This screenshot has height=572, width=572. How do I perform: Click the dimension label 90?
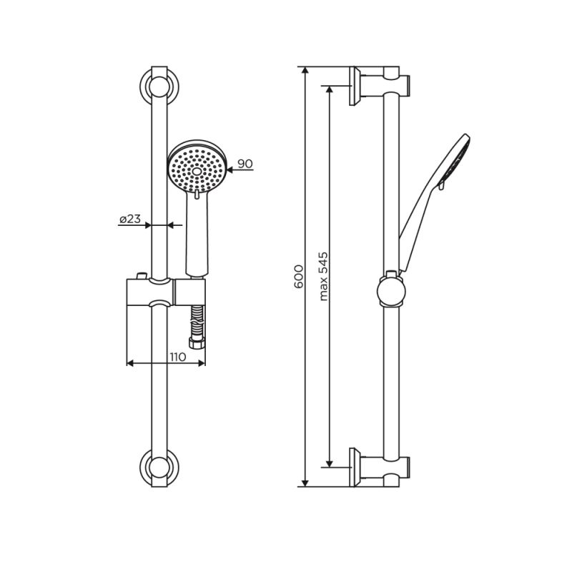pyautogui.click(x=245, y=164)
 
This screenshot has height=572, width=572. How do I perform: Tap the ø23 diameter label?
pyautogui.click(x=129, y=220)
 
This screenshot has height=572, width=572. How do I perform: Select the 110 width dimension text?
pyautogui.click(x=178, y=356)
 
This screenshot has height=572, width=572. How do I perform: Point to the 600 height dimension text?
pyautogui.click(x=299, y=276)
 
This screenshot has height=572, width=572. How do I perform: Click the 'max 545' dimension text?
pyautogui.click(x=323, y=276)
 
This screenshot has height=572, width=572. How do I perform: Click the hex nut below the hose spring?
pyautogui.click(x=197, y=341)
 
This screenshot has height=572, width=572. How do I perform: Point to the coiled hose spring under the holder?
pyautogui.click(x=197, y=317)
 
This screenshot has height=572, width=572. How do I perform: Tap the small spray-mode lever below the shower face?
pyautogui.click(x=196, y=194)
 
